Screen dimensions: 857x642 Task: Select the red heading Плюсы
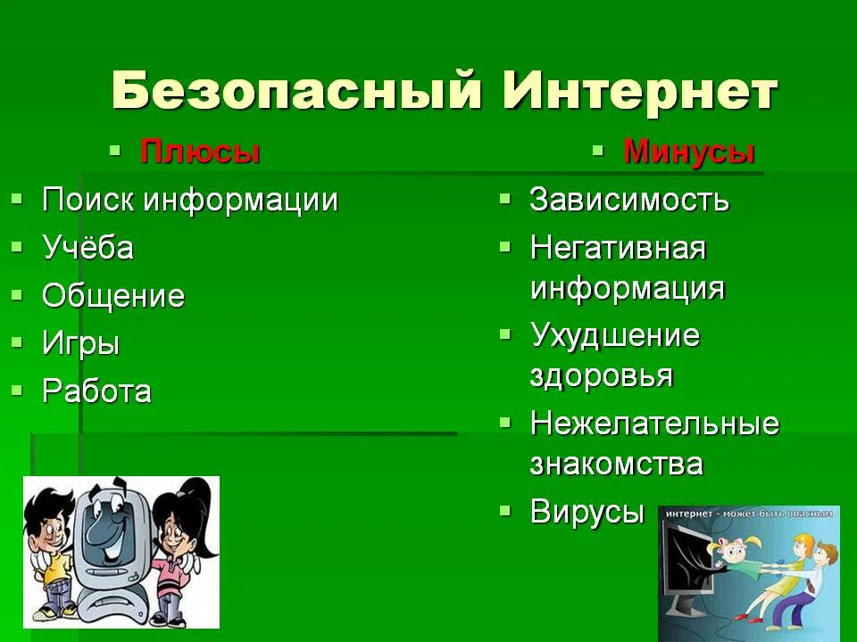coord(199,152)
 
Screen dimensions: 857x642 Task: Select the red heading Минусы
coord(689,152)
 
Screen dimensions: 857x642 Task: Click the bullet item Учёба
coord(87,247)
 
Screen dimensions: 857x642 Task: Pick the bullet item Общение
coord(113,295)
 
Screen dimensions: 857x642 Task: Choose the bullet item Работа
coord(96,391)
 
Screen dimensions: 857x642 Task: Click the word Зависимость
coord(629,199)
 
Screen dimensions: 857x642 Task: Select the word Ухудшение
coord(615,334)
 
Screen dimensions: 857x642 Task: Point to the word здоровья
coord(601,376)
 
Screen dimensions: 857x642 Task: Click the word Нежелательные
coord(654,423)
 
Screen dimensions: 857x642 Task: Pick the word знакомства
coord(617,464)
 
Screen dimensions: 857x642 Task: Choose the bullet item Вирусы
coord(587,512)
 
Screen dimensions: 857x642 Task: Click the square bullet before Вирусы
coord(505,510)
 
